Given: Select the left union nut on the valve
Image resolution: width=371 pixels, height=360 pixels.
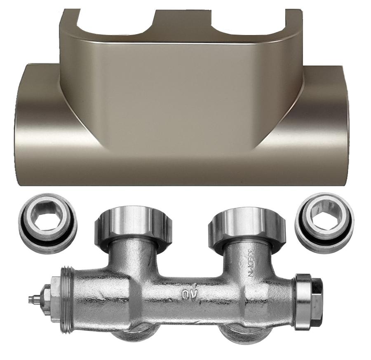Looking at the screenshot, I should click(x=133, y=228).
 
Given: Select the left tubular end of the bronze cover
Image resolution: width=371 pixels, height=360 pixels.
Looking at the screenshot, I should click(x=35, y=124).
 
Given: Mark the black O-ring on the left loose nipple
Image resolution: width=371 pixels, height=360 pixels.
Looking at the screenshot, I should click(x=47, y=239).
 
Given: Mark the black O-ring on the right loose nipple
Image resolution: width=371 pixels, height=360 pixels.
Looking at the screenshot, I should click(x=324, y=239).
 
